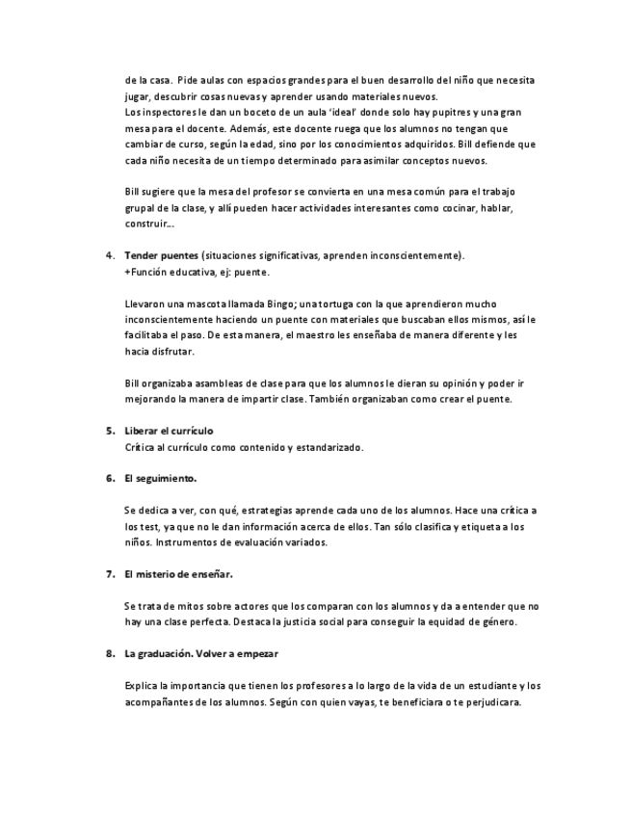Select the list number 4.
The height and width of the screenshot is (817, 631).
point(109,255)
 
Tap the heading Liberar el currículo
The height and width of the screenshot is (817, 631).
point(169,430)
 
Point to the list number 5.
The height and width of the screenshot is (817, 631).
point(109,430)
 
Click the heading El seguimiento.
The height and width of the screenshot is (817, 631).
point(160,478)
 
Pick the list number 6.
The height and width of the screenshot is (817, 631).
point(109,478)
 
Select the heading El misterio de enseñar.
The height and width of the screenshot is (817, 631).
point(178,573)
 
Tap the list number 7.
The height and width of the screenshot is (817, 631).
point(109,573)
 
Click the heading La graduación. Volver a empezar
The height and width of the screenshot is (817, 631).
point(201,653)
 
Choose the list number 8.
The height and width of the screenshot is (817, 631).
point(109,653)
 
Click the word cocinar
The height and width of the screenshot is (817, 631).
point(444,207)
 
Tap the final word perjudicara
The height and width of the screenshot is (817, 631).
point(489,701)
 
